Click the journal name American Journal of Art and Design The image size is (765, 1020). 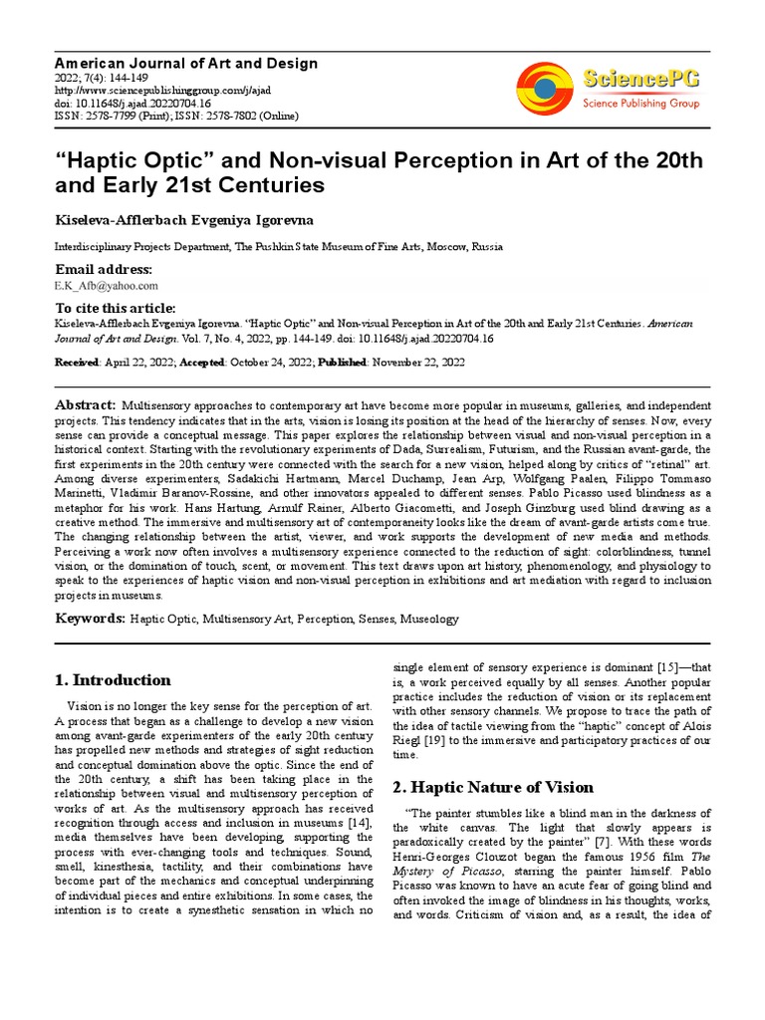point(185,64)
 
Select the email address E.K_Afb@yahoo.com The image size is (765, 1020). point(106,285)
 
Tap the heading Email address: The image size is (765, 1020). point(104,270)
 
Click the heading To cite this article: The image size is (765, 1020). point(115,308)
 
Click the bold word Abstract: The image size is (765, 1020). point(85,405)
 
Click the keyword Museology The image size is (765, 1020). point(429,619)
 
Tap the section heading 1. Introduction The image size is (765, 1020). point(112,680)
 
